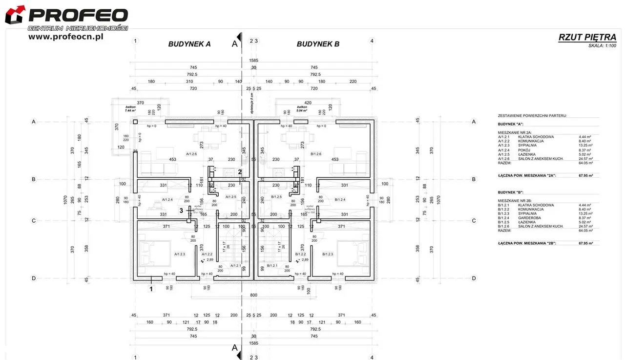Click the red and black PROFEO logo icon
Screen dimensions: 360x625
[15, 14]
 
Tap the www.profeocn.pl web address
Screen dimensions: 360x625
[65, 37]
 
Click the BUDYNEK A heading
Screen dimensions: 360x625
[189, 44]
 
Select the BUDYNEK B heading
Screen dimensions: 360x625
[318, 44]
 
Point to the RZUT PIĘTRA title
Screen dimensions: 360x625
[587, 37]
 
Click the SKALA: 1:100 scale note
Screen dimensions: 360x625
[602, 46]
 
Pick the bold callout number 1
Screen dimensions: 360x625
[151, 289]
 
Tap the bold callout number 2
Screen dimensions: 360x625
[240, 171]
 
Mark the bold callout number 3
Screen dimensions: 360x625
[181, 211]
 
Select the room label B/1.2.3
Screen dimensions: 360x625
[328, 254]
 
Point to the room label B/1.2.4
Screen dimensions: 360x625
[340, 199]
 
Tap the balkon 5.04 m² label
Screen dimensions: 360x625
[302, 108]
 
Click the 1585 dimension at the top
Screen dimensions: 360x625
[253, 61]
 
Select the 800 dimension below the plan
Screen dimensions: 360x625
[253, 296]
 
